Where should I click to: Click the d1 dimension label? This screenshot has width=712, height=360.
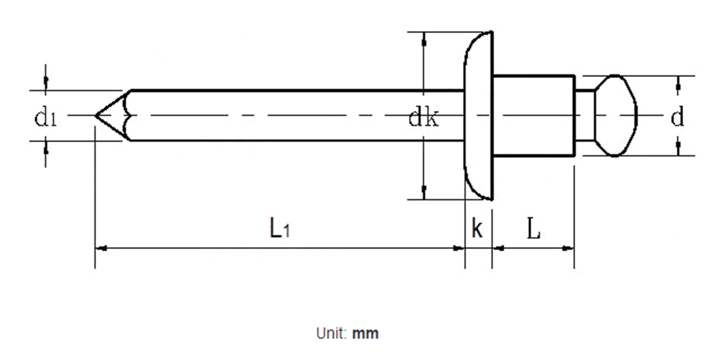[45, 118]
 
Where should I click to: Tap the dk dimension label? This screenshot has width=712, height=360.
[423, 118]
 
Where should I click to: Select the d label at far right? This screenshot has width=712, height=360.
[677, 117]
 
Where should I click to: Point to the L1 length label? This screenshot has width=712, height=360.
[279, 228]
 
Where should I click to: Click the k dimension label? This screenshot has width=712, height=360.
[477, 228]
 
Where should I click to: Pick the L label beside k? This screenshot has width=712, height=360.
[534, 228]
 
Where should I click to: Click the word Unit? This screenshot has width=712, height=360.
[332, 333]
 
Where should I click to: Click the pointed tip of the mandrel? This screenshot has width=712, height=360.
[96, 115]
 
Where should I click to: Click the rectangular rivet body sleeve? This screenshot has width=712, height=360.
[534, 115]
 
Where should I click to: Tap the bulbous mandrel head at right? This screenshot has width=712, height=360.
[616, 116]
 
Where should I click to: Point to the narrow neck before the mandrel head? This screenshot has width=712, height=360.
[585, 115]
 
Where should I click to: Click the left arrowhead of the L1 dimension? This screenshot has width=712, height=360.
[101, 248]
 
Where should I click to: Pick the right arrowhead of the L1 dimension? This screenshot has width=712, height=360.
[459, 248]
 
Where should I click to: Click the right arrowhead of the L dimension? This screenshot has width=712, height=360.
[569, 248]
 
